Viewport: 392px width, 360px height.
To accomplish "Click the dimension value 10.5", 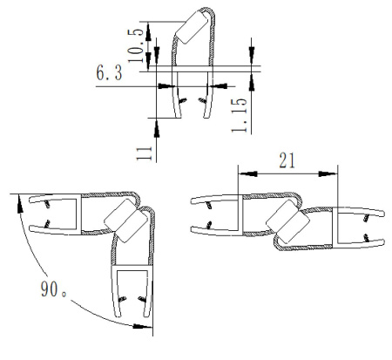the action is tap(136, 46).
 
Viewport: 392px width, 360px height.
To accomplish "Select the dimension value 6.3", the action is tap(109, 73).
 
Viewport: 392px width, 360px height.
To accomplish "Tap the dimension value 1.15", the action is tap(239, 115).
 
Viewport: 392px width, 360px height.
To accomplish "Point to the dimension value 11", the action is tap(145, 153).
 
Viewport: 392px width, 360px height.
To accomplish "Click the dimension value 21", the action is tap(287, 160).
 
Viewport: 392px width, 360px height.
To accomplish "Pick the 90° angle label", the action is tap(54, 289).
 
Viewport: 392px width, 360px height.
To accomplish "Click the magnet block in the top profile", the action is tap(193, 27).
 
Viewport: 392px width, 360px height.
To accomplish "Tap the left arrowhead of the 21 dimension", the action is tap(247, 173).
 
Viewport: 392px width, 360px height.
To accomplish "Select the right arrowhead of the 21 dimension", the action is tap(328, 173).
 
